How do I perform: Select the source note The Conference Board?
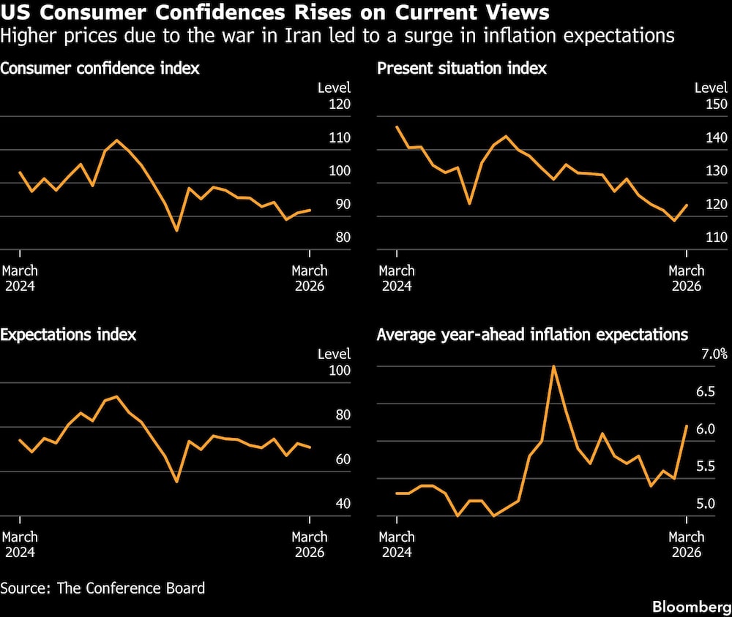click(x=102, y=587)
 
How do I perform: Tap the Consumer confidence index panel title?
click(x=100, y=69)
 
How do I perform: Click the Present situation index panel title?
click(x=461, y=69)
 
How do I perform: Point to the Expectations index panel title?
click(x=68, y=335)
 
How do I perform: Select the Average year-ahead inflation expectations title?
click(x=532, y=335)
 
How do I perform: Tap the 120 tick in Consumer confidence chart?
click(x=340, y=105)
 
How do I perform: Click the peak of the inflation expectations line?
click(x=553, y=366)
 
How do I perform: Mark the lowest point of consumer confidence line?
click(x=176, y=231)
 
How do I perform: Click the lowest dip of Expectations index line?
click(x=176, y=482)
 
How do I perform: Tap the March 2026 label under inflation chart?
click(x=686, y=544)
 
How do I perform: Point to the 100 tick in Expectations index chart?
click(x=340, y=371)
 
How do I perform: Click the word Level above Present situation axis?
click(x=710, y=88)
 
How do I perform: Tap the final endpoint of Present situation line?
click(x=687, y=205)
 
